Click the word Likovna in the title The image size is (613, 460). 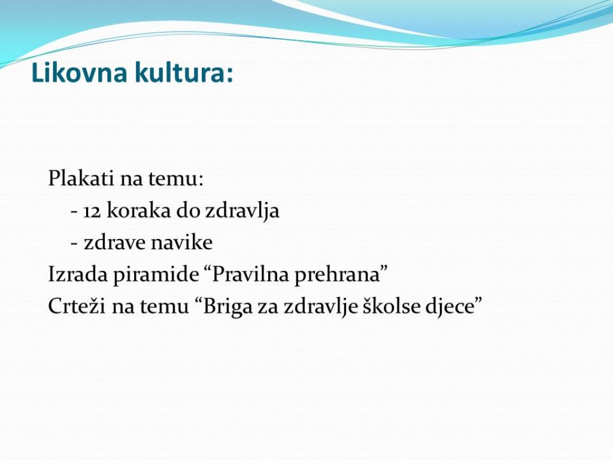79,72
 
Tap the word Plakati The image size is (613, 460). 81,178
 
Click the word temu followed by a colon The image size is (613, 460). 175,178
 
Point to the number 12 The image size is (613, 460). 92,211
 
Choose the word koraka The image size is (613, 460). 139,210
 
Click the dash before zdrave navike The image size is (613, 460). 74,243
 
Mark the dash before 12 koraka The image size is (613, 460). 74,211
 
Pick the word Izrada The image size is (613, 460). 78,274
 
